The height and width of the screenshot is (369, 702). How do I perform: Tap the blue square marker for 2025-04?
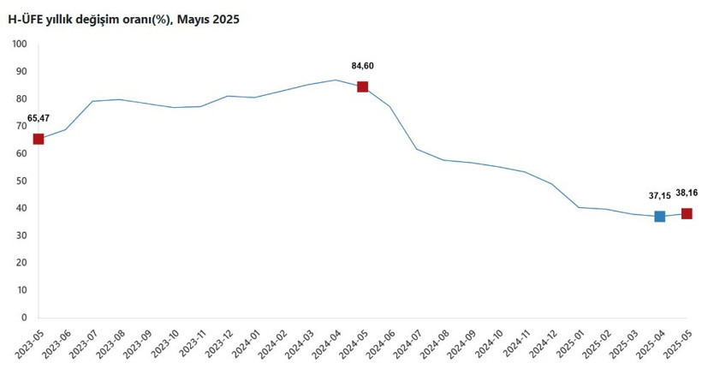(659, 217)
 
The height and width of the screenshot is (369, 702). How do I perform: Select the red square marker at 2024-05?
(362, 86)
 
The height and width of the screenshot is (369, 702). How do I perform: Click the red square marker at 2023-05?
(39, 139)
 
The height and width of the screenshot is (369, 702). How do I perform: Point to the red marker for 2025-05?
(687, 213)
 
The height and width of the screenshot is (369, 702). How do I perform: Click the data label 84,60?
(363, 65)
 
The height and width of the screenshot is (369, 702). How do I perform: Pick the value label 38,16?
(687, 193)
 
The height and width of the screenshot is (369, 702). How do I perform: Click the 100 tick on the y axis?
(19, 44)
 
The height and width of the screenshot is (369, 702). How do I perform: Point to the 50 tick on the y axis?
(21, 181)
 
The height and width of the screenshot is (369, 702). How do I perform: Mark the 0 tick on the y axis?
(24, 318)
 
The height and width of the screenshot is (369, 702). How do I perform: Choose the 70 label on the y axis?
(21, 126)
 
